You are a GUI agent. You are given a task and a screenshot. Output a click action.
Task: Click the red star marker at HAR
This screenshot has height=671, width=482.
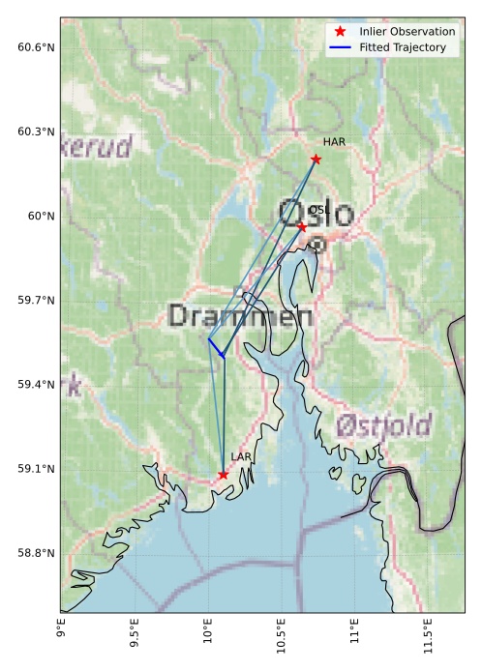(316, 159)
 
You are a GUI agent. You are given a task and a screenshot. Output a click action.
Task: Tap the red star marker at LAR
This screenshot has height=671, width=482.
(224, 475)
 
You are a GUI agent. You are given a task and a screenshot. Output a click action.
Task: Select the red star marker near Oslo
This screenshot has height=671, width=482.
(302, 226)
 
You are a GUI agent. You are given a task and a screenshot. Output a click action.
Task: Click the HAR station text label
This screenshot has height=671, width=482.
(334, 142)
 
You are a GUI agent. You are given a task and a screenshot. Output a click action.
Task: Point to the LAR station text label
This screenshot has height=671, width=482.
(241, 457)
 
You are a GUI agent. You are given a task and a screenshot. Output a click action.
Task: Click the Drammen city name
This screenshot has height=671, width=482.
(240, 316)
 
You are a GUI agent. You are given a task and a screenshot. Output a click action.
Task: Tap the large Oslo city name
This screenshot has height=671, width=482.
(316, 213)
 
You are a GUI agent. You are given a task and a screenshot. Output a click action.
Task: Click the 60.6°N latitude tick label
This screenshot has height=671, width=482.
(36, 47)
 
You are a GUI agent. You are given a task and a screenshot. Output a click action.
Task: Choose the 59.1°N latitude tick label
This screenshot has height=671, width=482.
(36, 469)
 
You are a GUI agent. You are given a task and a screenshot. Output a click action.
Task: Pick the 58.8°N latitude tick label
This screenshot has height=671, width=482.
(36, 553)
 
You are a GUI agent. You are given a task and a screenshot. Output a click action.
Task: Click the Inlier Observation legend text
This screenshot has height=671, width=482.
(407, 32)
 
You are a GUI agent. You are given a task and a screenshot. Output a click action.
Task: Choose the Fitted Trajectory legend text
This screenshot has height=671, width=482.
(402, 47)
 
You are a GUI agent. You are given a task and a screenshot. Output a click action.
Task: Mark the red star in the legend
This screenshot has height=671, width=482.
(340, 32)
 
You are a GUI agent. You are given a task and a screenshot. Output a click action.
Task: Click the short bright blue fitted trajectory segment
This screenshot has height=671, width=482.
(215, 347)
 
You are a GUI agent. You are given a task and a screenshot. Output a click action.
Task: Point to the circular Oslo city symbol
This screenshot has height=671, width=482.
(316, 245)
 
